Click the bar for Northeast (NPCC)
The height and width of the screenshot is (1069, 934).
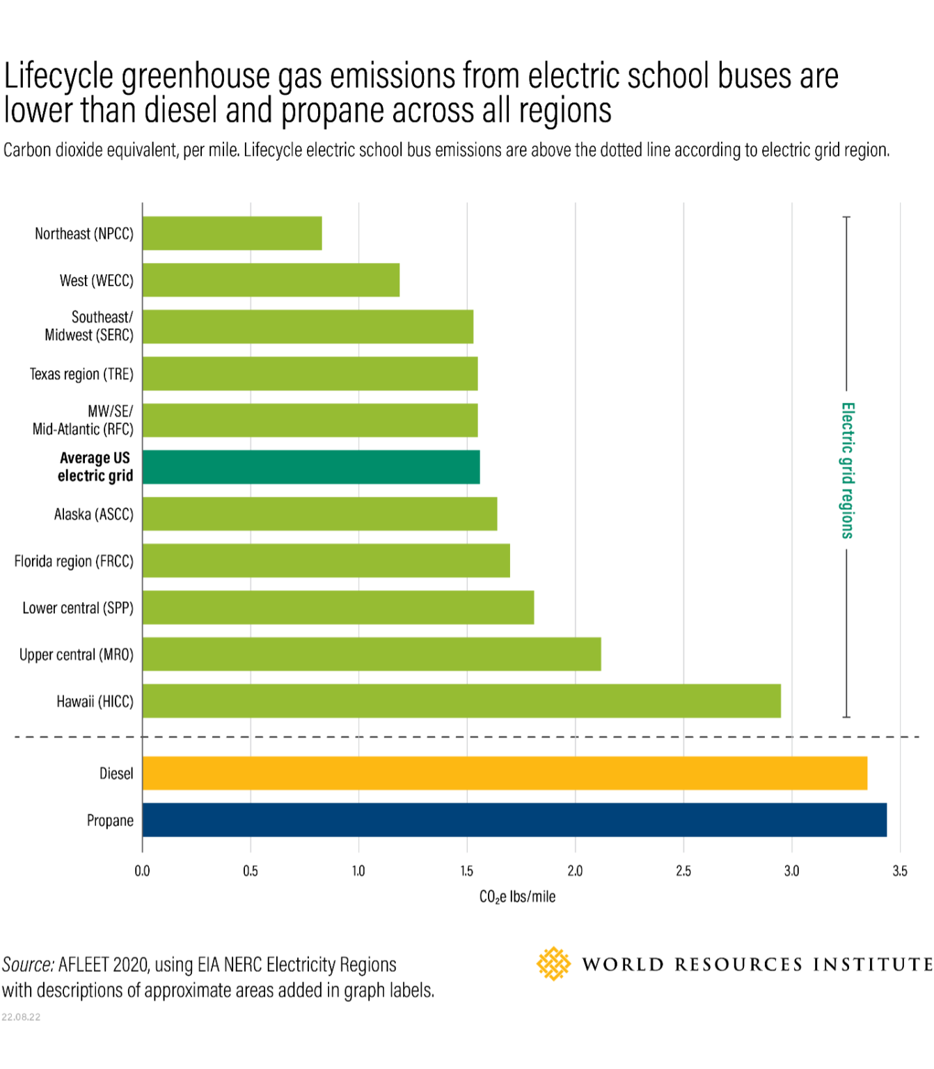pos(232,233)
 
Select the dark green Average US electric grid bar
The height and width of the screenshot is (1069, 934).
pos(311,467)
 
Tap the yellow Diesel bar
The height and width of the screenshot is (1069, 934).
pos(505,773)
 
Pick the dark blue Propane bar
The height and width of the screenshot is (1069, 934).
pos(514,820)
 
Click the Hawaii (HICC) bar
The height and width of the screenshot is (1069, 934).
pos(461,701)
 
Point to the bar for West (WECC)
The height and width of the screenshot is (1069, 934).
pos(271,280)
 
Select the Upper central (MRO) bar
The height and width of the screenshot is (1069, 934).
pos(372,654)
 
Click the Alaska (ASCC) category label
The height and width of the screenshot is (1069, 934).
pos(93,514)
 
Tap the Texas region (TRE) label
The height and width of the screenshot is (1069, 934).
pos(81,374)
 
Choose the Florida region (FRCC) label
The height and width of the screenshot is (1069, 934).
pos(74,561)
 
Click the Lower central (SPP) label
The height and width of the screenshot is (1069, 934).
pos(78,608)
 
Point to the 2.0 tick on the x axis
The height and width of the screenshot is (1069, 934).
pos(575,871)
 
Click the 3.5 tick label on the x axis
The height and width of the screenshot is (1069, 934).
pos(900,871)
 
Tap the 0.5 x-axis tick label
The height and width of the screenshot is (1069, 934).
pos(251,871)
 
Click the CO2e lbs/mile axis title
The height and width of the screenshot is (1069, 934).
pos(517,896)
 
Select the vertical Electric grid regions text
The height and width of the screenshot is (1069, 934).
pos(847,470)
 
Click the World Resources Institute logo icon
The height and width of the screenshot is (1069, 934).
pos(553,964)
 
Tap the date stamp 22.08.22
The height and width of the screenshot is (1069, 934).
pos(21,1017)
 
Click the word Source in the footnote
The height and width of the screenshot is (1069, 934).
pos(28,965)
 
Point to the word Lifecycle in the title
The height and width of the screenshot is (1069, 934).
pos(58,77)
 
